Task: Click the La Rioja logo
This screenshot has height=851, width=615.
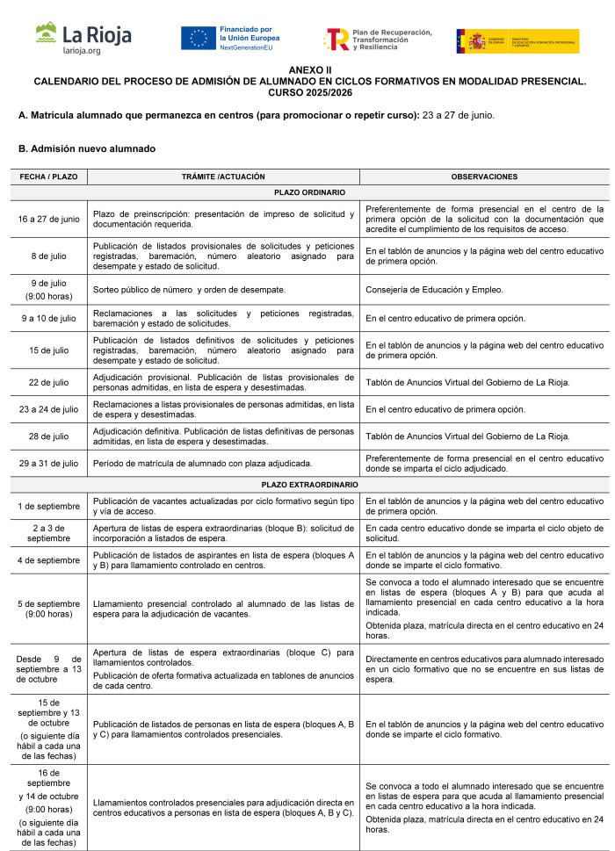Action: tap(83, 39)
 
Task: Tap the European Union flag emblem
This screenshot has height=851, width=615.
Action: tap(199, 39)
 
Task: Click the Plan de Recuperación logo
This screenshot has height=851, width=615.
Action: tap(379, 40)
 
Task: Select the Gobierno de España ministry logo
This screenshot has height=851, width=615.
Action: tap(517, 40)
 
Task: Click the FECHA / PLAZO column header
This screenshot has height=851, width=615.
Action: tap(48, 177)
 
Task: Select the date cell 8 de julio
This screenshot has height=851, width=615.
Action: tap(48, 256)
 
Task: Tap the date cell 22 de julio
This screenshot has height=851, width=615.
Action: tap(48, 381)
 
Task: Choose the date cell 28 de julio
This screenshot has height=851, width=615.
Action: tap(48, 436)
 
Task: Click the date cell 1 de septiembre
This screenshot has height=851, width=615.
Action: tap(48, 506)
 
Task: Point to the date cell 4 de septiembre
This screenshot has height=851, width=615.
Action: tap(48, 559)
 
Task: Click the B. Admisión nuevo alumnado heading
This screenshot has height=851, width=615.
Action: tap(86, 148)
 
